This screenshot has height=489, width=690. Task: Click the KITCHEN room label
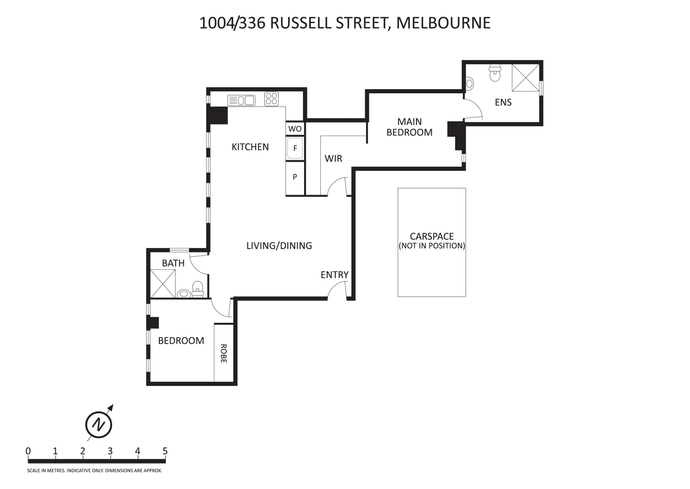[250, 147]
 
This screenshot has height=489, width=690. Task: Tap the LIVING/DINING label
[279, 245]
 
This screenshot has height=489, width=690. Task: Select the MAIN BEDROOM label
[409, 127]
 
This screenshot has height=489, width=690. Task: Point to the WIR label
[333, 158]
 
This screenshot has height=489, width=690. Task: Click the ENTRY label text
[334, 275]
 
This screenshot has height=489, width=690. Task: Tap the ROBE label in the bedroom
[224, 353]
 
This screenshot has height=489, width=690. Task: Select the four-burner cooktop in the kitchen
[271, 99]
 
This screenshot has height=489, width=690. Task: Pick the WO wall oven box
[295, 129]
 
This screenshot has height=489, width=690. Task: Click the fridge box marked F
[295, 149]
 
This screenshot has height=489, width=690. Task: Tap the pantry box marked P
[295, 177]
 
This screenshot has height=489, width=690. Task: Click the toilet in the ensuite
[495, 73]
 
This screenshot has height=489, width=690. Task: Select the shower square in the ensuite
[525, 78]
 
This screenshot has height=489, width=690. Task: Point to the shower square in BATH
[162, 283]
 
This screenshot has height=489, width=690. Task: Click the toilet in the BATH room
[198, 288]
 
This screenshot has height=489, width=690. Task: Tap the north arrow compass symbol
[99, 424]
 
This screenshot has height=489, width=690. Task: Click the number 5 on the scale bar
[165, 451]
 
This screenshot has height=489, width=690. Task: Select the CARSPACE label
[432, 236]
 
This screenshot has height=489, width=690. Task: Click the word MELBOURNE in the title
[443, 23]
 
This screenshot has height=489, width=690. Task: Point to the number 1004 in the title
[216, 23]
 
